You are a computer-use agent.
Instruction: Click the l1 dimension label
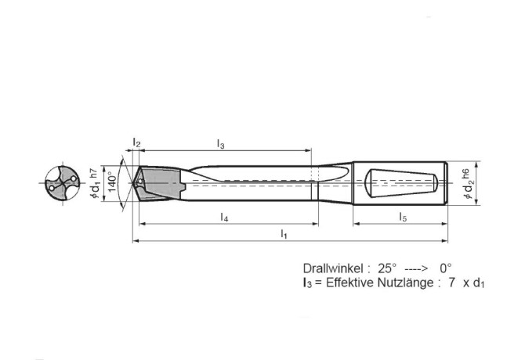click(x=284, y=234)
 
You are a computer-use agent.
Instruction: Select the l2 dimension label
click(x=136, y=144)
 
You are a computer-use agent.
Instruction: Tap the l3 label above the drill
click(x=221, y=144)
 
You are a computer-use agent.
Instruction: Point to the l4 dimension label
click(x=224, y=215)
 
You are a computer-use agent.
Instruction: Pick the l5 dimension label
click(x=402, y=215)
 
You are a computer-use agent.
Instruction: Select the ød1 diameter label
click(x=95, y=190)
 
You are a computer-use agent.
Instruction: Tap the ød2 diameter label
click(x=469, y=193)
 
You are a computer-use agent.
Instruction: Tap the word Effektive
click(x=348, y=283)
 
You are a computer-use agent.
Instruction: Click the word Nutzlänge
click(x=405, y=283)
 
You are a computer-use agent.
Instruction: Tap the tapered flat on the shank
click(x=400, y=185)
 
